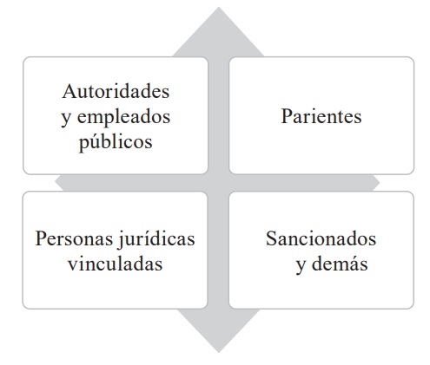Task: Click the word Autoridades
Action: pos(116,91)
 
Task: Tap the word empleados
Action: pos(123,116)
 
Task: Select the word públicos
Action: pos(116,142)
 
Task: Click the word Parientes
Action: pos(321,116)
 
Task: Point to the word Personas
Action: pos(74,238)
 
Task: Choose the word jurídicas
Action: pos(155,239)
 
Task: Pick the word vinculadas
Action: pos(116,264)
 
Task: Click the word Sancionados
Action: pos(321,238)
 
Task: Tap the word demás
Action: pos(340,264)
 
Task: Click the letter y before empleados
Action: pos(66,118)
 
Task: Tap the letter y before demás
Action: pos(301,266)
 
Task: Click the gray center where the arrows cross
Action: pos(219,183)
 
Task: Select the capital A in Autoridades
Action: pos(68,91)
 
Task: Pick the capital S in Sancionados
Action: pos(271,238)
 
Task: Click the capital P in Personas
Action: pos(41,238)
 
